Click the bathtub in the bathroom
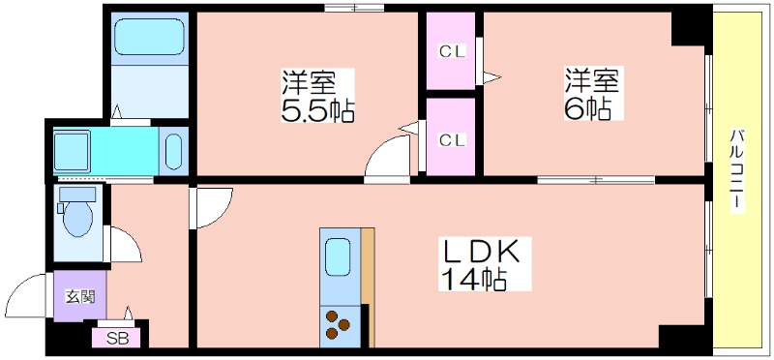(x=150, y=37)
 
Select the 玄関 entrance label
(x=80, y=297)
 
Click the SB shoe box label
(x=117, y=339)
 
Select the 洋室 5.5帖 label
(x=317, y=96)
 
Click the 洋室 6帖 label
(x=591, y=93)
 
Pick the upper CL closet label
(x=453, y=52)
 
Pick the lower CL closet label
(x=453, y=140)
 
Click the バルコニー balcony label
(x=737, y=170)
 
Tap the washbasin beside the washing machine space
(x=174, y=151)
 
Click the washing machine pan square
(x=72, y=151)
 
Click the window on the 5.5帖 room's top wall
(x=354, y=8)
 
